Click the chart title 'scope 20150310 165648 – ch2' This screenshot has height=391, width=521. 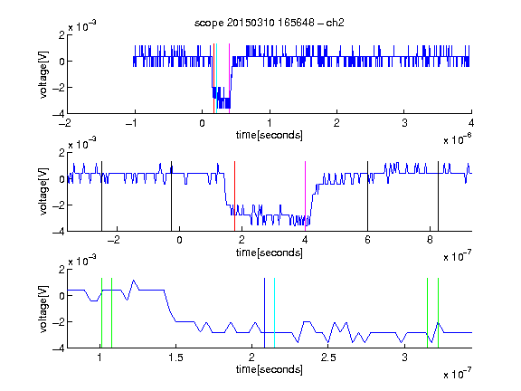coord(270,23)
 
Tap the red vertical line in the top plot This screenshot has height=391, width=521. coord(214,79)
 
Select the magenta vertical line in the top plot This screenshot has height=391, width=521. coord(229,79)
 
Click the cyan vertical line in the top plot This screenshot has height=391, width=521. coord(217,79)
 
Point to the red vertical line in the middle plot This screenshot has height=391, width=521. coord(234,196)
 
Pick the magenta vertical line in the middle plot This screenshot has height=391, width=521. coord(305,196)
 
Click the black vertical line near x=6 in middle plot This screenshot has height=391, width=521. coord(367,196)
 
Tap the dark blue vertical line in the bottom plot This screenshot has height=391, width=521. coord(264,313)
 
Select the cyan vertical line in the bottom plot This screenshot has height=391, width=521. coord(274,313)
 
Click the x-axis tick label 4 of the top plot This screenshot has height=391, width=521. coord(471,123)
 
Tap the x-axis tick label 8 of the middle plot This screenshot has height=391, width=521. coord(430,240)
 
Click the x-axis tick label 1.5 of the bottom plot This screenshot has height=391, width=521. coord(175,358)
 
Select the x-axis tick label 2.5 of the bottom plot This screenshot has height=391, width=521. coord(328,358)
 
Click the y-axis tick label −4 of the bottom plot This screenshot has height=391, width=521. coord(59,348)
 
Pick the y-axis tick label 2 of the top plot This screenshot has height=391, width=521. coord(62,34)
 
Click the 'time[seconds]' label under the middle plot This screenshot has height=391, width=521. coord(270,253)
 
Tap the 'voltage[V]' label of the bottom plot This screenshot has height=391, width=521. coord(43,309)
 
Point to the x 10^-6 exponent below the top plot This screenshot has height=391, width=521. coord(458,138)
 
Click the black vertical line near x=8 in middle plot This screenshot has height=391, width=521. coord(438,196)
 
